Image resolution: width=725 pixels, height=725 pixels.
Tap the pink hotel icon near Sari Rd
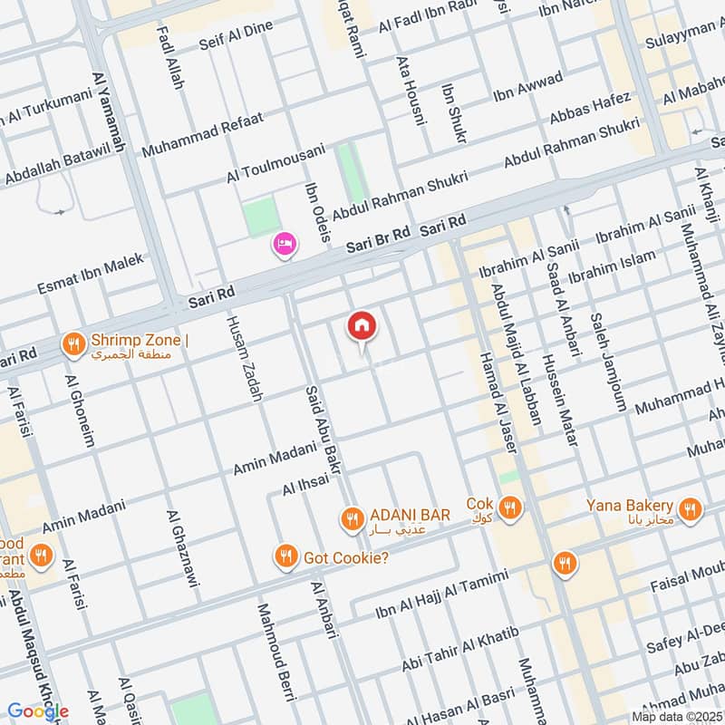point(285,244)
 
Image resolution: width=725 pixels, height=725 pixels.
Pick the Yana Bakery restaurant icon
point(691,510)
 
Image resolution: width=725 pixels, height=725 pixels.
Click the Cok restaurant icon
point(509,509)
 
